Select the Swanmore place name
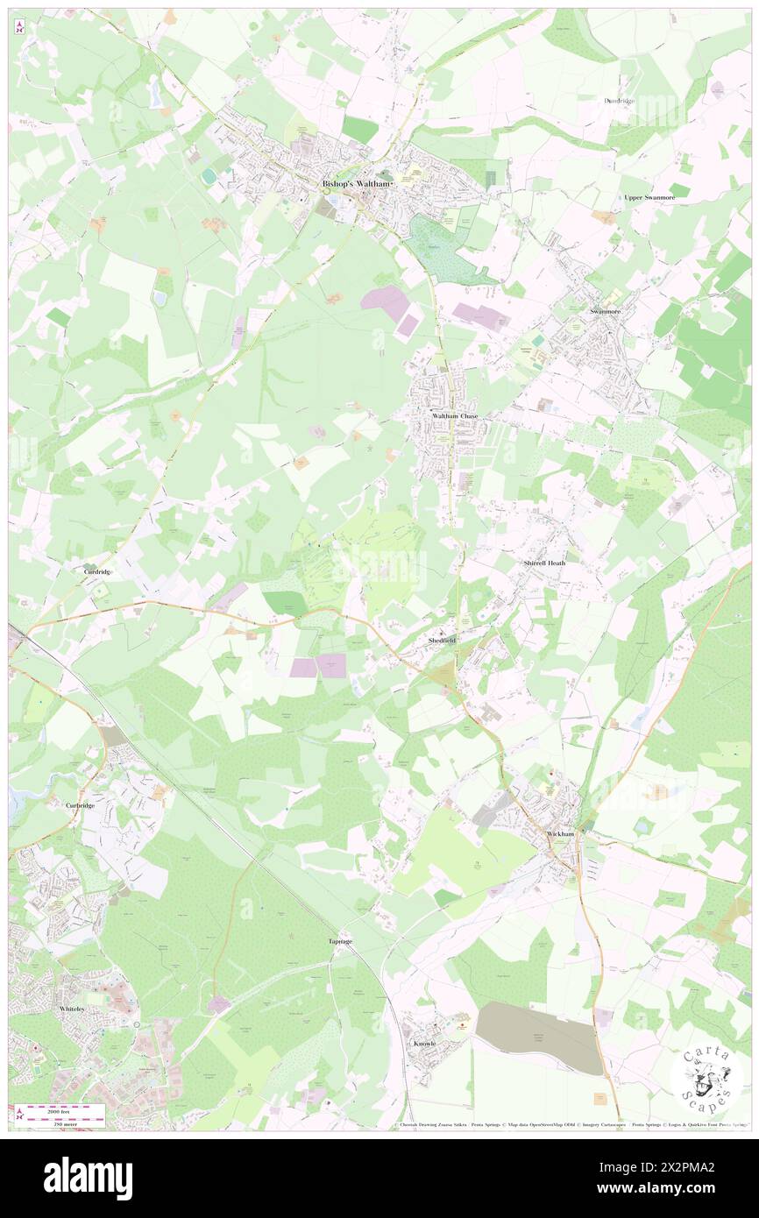605,311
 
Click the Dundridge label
619,101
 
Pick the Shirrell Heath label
544,563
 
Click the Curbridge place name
80,804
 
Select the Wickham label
560,834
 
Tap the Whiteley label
72,1009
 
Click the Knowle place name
425,1044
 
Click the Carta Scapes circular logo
706,1080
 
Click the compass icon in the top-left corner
20,27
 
